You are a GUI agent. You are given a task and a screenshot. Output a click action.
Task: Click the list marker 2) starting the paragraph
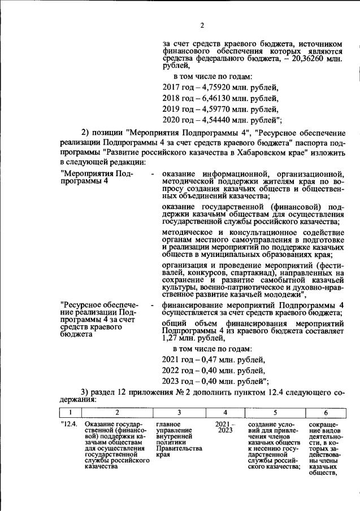(86, 133)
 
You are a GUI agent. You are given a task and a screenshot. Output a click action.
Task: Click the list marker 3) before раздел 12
(85, 393)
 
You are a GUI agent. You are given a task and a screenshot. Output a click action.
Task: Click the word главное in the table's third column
(168, 424)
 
